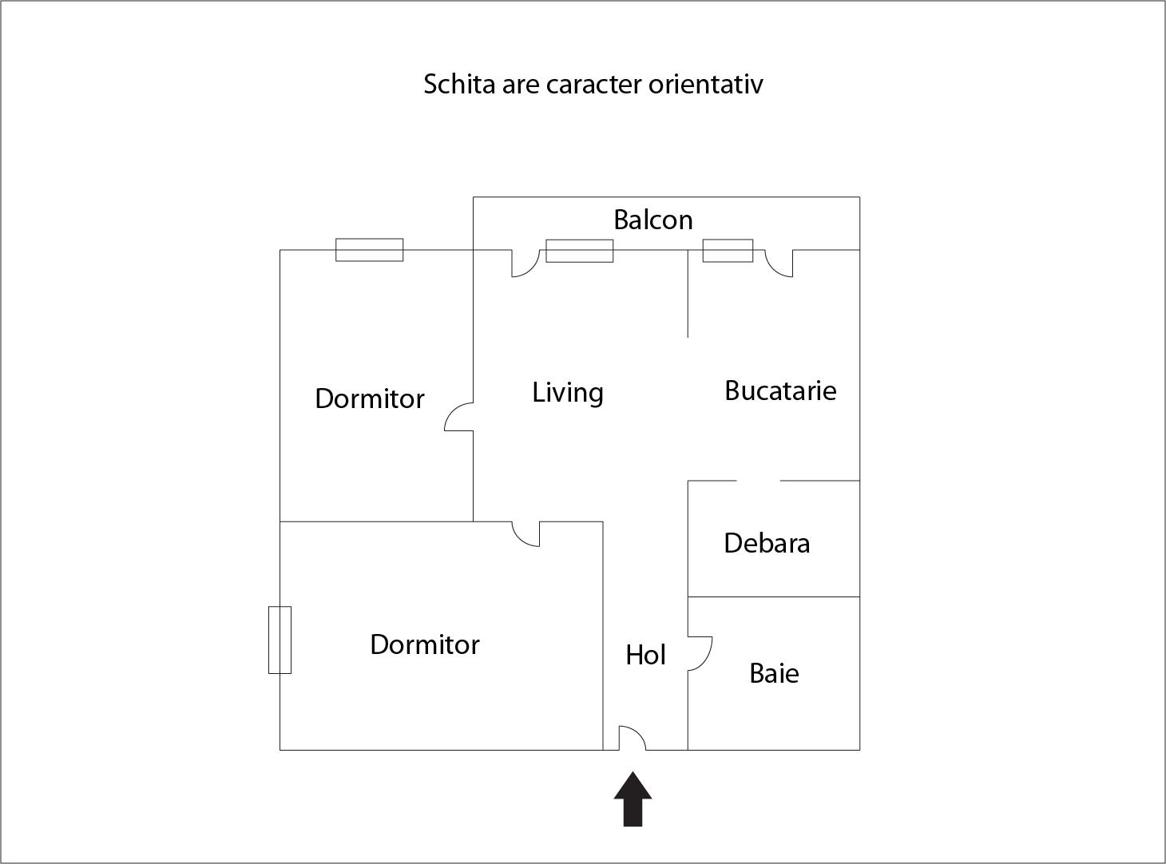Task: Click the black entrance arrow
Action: click(x=633, y=799)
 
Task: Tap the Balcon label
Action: click(x=653, y=220)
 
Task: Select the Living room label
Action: click(x=568, y=393)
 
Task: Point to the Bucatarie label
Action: click(x=780, y=390)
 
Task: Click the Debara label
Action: click(x=767, y=543)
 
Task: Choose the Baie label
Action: click(x=774, y=673)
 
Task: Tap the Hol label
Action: click(x=645, y=655)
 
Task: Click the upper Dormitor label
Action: click(x=370, y=398)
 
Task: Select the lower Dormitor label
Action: click(x=425, y=644)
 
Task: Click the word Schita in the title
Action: click(x=459, y=84)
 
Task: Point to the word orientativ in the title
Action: click(x=705, y=84)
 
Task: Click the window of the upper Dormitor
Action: click(x=370, y=250)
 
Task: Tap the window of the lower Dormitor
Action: click(x=280, y=640)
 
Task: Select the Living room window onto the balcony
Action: click(x=579, y=251)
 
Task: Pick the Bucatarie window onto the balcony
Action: click(x=728, y=250)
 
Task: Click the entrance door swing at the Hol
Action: click(x=633, y=738)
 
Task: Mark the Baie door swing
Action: click(x=700, y=654)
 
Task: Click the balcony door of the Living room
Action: click(x=525, y=264)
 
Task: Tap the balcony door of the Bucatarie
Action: click(x=779, y=264)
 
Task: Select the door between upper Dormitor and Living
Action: click(x=459, y=417)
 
